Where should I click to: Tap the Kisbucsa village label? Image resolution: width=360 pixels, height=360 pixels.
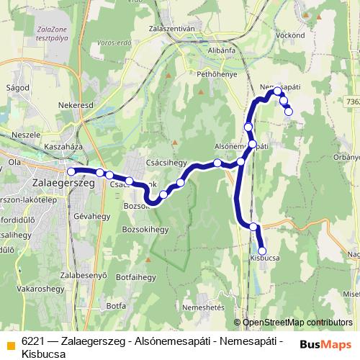(264, 256)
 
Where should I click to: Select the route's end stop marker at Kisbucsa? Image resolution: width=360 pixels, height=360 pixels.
(262, 251)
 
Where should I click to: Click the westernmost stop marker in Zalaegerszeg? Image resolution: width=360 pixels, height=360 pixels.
(71, 171)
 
